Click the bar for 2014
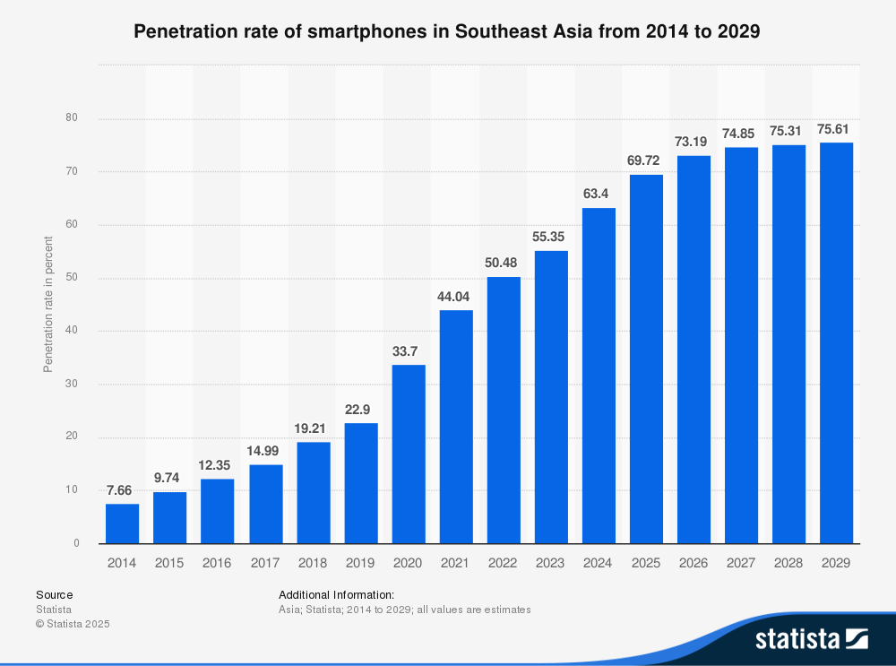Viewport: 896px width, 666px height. pos(122,523)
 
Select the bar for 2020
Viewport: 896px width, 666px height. pos(408,454)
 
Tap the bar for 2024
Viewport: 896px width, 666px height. pos(599,376)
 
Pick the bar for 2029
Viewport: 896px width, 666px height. pos(836,343)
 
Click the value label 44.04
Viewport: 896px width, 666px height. pos(455,297)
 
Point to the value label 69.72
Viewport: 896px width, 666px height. pos(646,160)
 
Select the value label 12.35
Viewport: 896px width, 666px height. pos(217,465)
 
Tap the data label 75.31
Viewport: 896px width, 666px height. pos(788,131)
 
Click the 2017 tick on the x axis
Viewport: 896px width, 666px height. pos(264,563)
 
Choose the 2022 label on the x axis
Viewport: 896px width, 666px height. pos(503,563)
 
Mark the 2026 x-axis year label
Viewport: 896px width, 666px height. pos(694,563)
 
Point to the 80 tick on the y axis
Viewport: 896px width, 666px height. pos(72,118)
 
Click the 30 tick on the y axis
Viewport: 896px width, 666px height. pos(72,385)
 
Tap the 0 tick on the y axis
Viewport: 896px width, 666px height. pos(76,543)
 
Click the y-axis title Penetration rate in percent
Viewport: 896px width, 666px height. pos(48,305)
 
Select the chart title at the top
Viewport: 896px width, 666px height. pos(447,32)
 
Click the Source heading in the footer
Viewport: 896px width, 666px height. pos(55,594)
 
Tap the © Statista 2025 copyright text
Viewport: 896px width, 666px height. pos(73,624)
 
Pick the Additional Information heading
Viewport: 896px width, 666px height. pos(336,594)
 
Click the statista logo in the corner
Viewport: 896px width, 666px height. pos(811,639)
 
